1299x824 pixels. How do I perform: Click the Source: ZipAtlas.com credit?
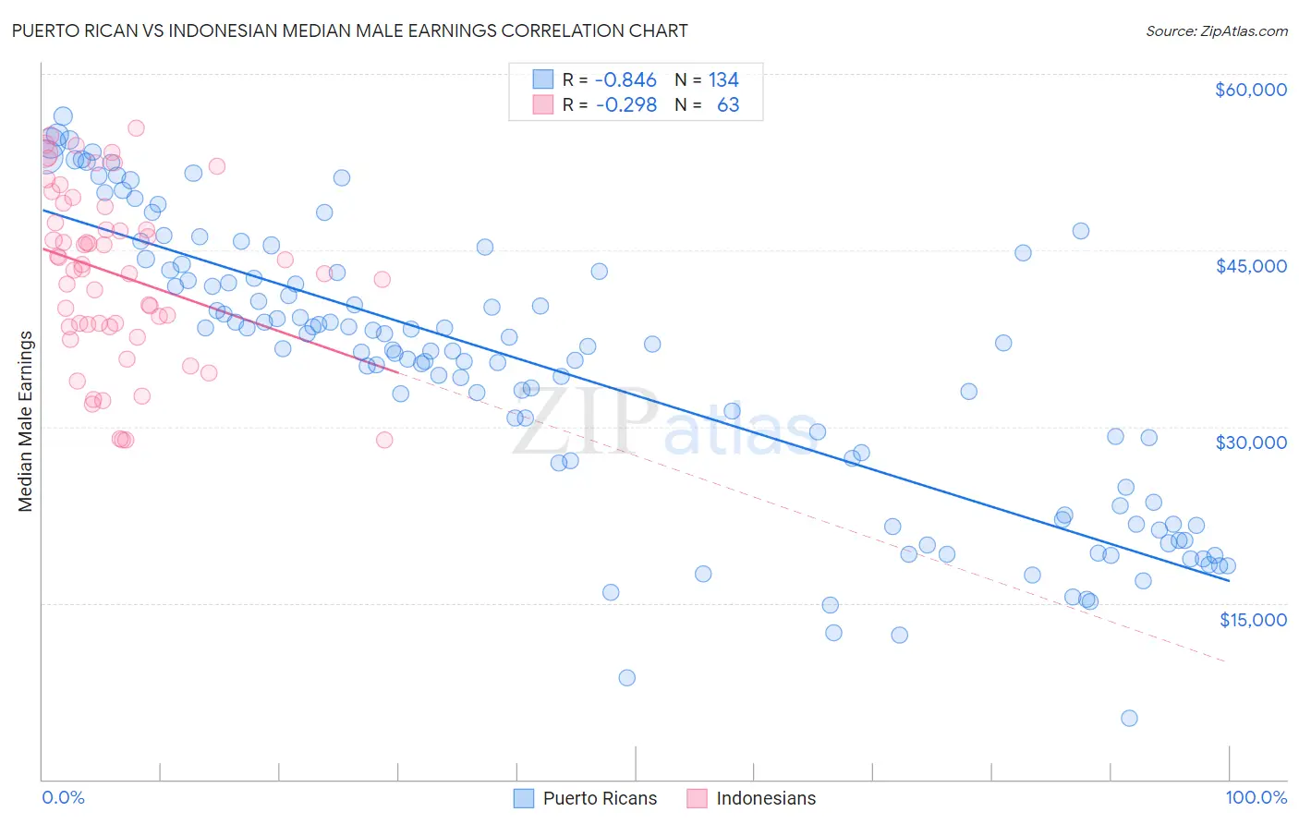(x=1216, y=30)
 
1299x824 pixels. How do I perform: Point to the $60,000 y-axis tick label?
(x=1250, y=90)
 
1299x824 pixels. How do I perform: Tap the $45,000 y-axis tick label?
(x=1250, y=266)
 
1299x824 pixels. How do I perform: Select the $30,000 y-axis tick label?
(x=1250, y=442)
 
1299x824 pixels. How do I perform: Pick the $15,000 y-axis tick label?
(x=1252, y=620)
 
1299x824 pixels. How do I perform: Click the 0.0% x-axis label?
(x=63, y=797)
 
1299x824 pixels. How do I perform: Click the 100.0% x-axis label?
(x=1256, y=797)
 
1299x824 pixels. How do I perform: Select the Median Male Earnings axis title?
(x=26, y=421)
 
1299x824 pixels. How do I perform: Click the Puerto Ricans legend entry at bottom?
(x=586, y=798)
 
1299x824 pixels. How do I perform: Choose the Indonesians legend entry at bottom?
(x=752, y=798)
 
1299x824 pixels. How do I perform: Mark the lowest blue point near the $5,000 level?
(x=1129, y=718)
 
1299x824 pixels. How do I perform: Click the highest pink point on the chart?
(x=136, y=128)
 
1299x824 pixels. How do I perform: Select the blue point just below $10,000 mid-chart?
(x=626, y=677)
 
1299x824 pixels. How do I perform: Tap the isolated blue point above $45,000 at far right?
(x=1080, y=231)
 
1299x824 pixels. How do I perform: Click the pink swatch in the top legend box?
(x=542, y=105)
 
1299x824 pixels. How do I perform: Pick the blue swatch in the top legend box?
(x=542, y=80)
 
